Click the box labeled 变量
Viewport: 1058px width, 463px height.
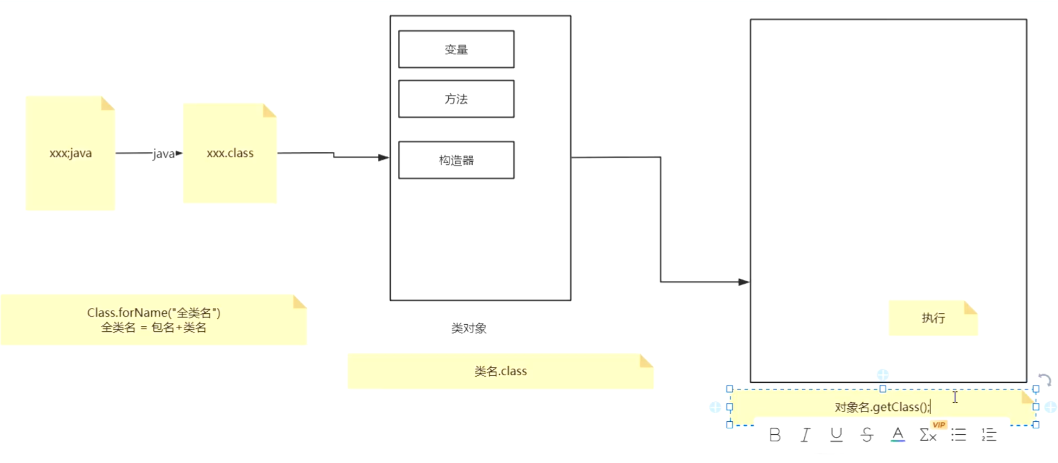click(x=456, y=49)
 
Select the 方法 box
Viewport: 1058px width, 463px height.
click(x=456, y=99)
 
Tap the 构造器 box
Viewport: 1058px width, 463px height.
click(x=456, y=160)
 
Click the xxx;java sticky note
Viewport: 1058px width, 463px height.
click(x=70, y=153)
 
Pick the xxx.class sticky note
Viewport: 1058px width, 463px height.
click(x=230, y=153)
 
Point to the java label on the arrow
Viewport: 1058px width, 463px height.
click(x=163, y=154)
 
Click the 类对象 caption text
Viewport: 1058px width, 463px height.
click(x=469, y=328)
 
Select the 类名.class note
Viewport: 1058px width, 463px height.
click(x=500, y=371)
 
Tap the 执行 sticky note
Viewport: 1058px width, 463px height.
click(x=933, y=318)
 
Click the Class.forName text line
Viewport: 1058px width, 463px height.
click(x=153, y=313)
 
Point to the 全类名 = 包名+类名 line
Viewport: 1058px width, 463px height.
click(x=153, y=327)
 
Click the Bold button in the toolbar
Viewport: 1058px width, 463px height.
click(x=775, y=435)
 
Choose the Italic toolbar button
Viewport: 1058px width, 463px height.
click(x=806, y=435)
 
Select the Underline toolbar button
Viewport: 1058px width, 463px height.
click(x=836, y=435)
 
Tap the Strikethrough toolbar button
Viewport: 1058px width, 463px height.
click(x=867, y=435)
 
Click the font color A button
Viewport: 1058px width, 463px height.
click(x=898, y=434)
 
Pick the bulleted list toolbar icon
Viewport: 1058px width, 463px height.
click(x=958, y=435)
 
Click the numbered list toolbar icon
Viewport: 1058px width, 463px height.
click(x=989, y=435)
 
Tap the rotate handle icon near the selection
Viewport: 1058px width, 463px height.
click(x=1045, y=380)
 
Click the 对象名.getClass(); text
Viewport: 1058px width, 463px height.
click(x=881, y=407)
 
